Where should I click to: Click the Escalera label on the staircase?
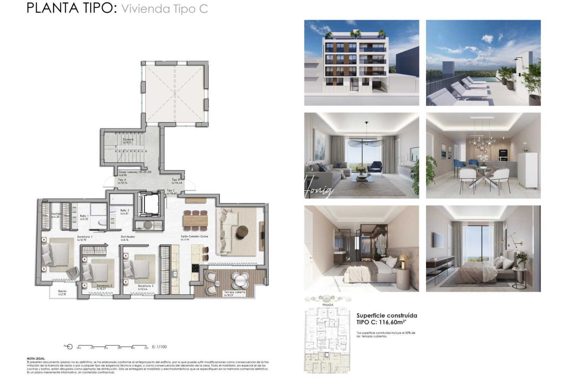click(x=128, y=140)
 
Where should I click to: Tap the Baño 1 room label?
click(x=84, y=216)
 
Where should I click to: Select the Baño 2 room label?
click(x=124, y=211)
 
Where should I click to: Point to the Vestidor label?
click(x=56, y=214)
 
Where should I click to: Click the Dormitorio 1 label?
click(x=84, y=237)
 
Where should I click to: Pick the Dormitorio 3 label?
click(x=145, y=286)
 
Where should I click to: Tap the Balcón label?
click(x=62, y=292)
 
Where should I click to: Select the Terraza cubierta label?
click(x=235, y=292)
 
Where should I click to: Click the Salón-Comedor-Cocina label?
click(x=194, y=237)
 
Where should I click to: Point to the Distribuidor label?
click(x=128, y=237)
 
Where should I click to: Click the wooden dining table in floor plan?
click(x=195, y=220)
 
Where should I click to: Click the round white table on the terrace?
click(x=240, y=280)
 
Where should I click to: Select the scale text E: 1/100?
click(x=160, y=347)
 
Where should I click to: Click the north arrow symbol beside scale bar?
click(x=69, y=347)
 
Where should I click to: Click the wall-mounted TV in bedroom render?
click(x=438, y=239)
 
